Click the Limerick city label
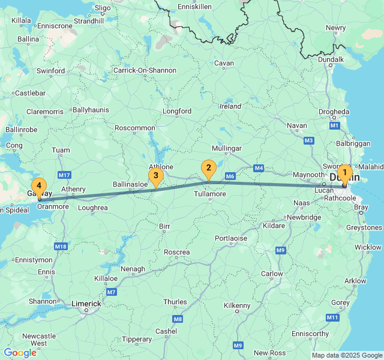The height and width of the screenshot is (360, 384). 86,304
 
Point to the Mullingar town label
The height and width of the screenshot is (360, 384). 227,148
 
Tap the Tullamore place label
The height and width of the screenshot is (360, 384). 210,194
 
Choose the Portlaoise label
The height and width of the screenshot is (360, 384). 231,238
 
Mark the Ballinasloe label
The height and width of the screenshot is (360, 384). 130,185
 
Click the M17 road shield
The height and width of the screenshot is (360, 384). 65,175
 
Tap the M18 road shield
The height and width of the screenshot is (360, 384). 61,247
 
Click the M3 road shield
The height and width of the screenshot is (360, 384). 309,140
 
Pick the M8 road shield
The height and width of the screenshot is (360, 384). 177,319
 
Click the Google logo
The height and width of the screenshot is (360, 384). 20,353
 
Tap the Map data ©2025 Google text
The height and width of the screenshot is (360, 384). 346,355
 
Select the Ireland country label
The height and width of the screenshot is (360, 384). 230,106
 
